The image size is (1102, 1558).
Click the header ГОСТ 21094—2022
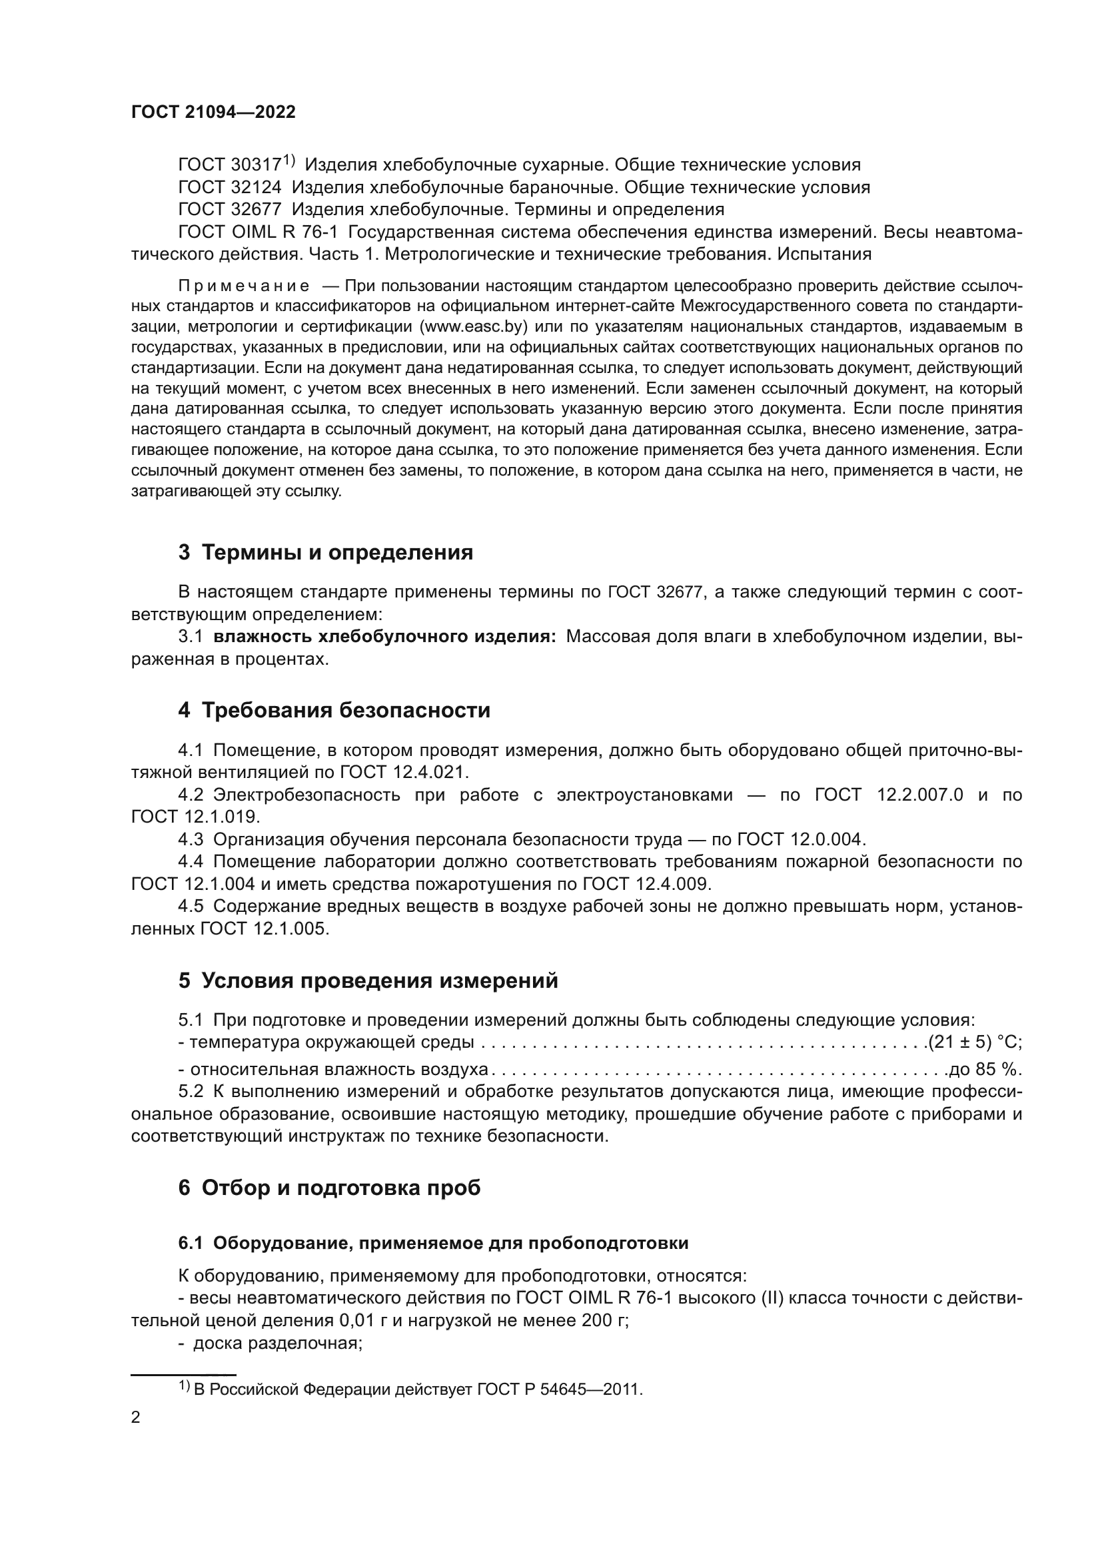coord(213,112)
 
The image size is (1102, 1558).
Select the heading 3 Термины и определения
coord(326,552)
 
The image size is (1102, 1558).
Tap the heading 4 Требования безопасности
coord(334,711)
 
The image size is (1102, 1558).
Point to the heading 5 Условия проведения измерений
coord(368,980)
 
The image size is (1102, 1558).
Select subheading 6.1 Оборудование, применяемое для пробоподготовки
coord(433,1243)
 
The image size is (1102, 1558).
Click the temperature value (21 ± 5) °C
coord(975,1042)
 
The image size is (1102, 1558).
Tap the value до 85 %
coord(985,1070)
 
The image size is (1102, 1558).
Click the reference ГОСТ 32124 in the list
coord(229,187)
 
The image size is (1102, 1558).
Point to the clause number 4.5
coord(191,907)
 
